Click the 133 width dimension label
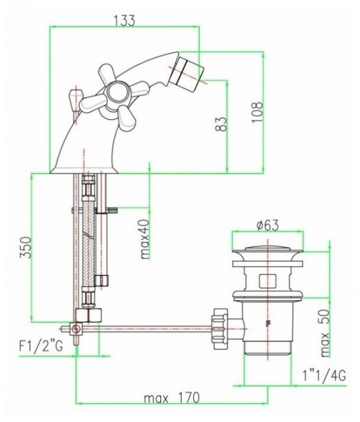pyautogui.click(x=124, y=21)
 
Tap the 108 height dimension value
pyautogui.click(x=257, y=112)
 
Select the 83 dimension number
pyautogui.click(x=222, y=124)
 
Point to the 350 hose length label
pyautogui.click(x=25, y=247)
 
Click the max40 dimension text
pyautogui.click(x=145, y=240)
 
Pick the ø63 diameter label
pyautogui.click(x=267, y=225)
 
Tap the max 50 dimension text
pyautogui.click(x=325, y=333)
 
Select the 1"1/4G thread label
pyautogui.click(x=324, y=375)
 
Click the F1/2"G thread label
pyautogui.click(x=41, y=346)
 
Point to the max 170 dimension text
pyautogui.click(x=171, y=397)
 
